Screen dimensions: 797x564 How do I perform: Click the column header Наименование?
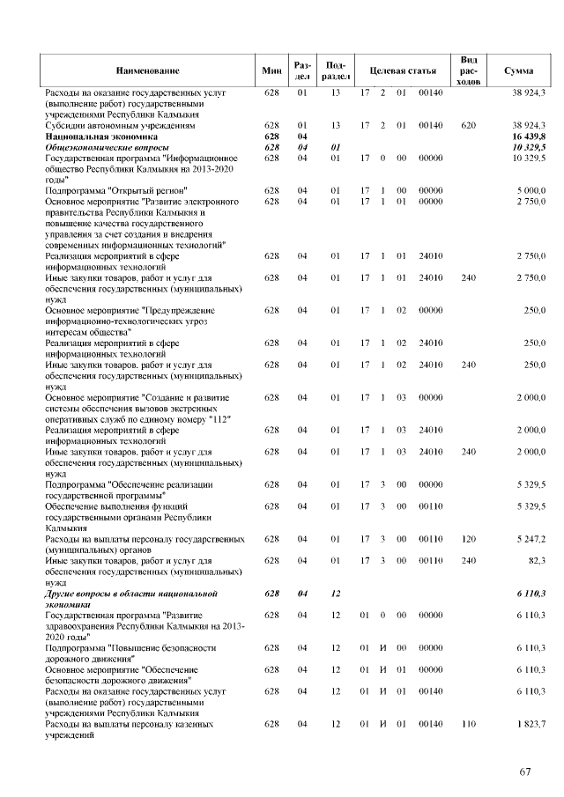tap(147, 70)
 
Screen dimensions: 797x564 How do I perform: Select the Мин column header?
tap(271, 70)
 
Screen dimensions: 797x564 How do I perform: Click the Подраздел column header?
tap(335, 70)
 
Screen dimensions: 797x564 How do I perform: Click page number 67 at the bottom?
tap(525, 771)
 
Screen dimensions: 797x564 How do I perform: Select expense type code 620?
tap(469, 127)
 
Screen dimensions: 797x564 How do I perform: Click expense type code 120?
tap(469, 537)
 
